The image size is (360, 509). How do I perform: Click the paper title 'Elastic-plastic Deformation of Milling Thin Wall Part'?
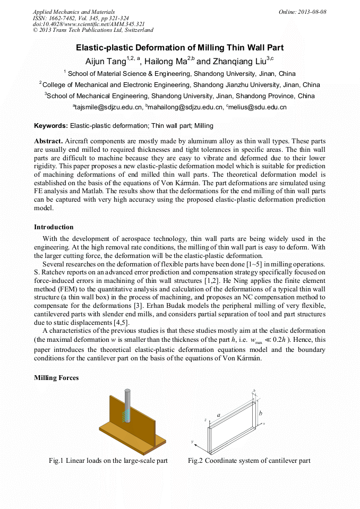tap(180, 48)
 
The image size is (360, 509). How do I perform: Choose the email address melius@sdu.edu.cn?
tap(258, 107)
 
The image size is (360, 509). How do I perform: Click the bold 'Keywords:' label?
tap(51, 126)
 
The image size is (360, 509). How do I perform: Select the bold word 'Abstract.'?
tap(48, 142)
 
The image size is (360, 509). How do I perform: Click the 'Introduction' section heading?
tap(54, 227)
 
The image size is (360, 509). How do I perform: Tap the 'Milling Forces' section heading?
tap(56, 378)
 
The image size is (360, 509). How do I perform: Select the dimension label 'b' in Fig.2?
tap(260, 413)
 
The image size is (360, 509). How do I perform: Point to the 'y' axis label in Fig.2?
tap(192, 441)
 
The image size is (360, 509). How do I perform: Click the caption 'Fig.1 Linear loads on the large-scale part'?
tap(108, 461)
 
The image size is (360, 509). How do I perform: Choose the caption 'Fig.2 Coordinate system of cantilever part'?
tap(249, 461)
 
